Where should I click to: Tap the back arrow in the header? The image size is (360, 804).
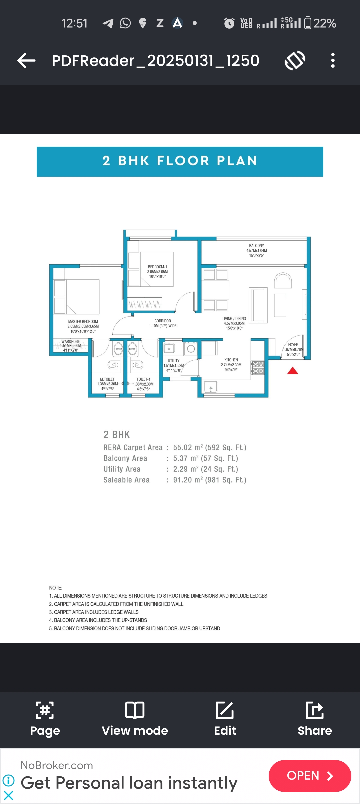coord(26,61)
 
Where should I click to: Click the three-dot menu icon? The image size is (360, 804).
coord(332,60)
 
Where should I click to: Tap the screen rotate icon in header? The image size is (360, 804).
coord(295,60)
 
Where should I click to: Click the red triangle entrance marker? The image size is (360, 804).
coord(293,371)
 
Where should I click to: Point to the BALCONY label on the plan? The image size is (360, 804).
coord(256,246)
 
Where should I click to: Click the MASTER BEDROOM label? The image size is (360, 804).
coord(83,322)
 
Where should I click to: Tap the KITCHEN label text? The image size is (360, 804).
coord(231,360)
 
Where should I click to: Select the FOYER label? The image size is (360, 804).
coord(293,345)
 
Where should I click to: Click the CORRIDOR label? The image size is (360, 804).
coord(162,321)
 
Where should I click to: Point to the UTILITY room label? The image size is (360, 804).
coord(173,361)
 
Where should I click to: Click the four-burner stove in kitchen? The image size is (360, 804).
coord(258,367)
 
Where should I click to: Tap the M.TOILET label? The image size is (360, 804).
coord(107,379)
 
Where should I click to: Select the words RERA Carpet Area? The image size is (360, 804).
coord(133,447)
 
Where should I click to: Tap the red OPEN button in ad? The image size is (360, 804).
coord(309,776)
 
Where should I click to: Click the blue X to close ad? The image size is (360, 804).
coord(8,796)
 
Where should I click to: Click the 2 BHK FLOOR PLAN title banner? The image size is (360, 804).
coord(180,161)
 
